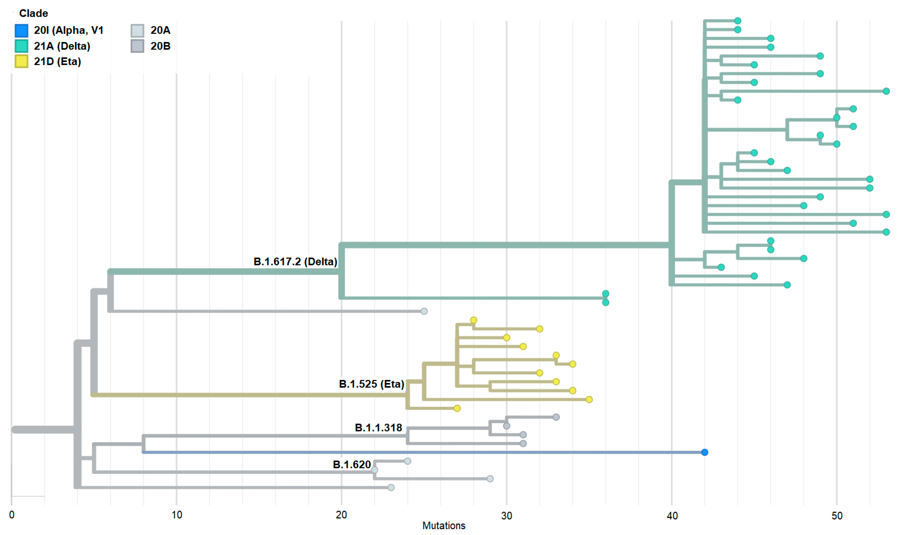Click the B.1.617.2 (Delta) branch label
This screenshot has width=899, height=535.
(295, 262)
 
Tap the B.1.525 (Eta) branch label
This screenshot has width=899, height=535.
(371, 384)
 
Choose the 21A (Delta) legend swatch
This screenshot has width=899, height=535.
(22, 46)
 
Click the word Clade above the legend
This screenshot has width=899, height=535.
(33, 13)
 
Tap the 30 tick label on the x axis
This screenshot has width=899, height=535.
(506, 516)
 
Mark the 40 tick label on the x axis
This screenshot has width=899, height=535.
(672, 516)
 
